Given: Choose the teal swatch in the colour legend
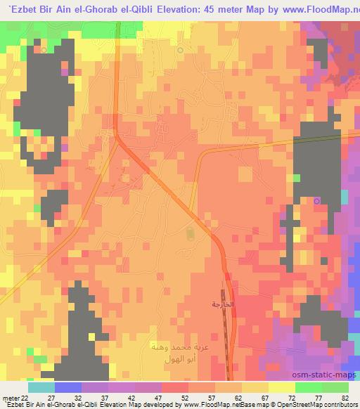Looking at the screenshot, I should (x=41, y=387).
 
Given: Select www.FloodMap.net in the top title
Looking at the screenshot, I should (x=313, y=8).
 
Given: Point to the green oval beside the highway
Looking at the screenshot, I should (x=189, y=233).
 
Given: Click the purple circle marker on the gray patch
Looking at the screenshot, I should (x=316, y=202).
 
